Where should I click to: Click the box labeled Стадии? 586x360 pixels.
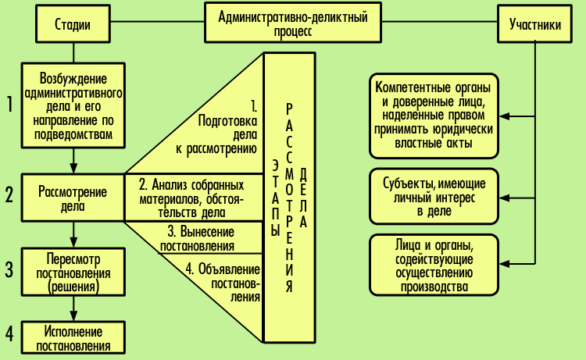[73, 23]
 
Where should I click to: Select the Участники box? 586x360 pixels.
[534, 23]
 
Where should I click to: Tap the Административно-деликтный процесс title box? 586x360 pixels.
[293, 23]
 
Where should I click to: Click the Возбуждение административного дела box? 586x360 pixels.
[73, 105]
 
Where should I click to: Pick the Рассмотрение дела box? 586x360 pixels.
[73, 198]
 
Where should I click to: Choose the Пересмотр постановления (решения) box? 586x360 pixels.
[73, 272]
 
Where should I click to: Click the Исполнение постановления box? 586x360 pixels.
[73, 337]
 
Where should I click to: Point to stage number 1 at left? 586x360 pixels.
[10, 104]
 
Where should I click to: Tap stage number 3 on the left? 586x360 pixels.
[9, 269]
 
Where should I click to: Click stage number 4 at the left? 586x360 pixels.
[9, 333]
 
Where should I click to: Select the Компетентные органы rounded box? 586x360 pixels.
[434, 116]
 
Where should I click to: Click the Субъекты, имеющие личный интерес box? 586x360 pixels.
[434, 197]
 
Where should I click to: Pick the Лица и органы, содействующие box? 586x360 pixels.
[434, 266]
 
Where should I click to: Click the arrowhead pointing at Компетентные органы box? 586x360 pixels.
[504, 116]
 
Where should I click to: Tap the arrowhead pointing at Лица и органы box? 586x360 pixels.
[504, 264]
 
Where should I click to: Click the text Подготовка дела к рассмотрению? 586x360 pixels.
[216, 135]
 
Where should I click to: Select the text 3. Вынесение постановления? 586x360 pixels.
[198, 239]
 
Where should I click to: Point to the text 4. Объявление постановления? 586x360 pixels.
[223, 283]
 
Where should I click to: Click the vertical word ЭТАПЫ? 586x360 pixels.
[276, 199]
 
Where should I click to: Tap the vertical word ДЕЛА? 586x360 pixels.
[303, 198]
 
